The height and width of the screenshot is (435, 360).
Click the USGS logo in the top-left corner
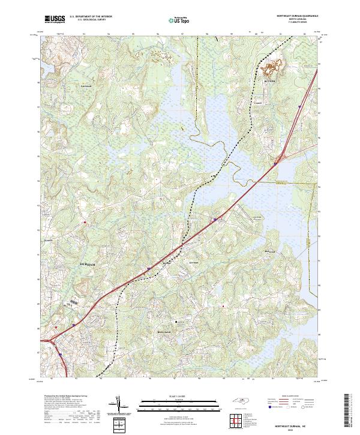(x=54, y=20)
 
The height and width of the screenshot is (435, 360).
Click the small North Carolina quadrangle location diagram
(x=239, y=401)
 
